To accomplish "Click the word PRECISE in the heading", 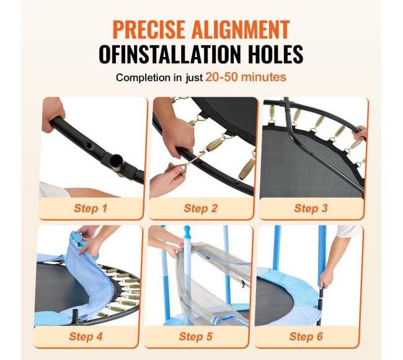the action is point(149,29).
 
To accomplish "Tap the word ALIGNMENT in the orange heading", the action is point(241,29).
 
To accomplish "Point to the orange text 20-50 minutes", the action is point(246,77).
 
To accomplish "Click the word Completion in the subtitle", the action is point(146,77).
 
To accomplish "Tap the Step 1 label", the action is point(91,208).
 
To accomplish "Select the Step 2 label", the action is point(201,208).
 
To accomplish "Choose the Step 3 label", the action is point(311,208).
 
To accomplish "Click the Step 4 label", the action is point(86,336).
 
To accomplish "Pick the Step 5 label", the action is point(196,336).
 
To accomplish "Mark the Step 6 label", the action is point(306,336).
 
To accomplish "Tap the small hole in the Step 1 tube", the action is point(89,146).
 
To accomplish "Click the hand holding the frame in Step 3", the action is point(360,132).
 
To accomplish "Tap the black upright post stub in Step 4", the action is point(77,315).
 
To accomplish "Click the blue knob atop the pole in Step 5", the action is point(187,229).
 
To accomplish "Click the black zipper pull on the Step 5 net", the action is point(243,284).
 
